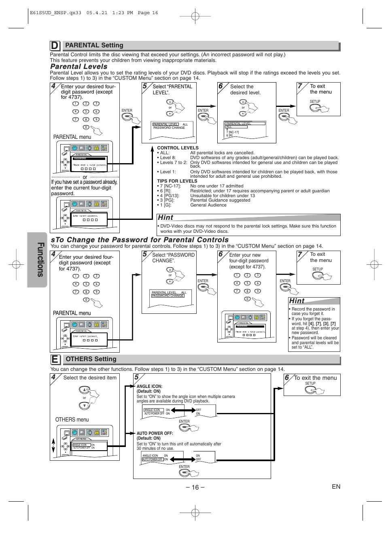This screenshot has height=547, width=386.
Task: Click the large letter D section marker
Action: point(55,46)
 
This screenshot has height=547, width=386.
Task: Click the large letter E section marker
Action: point(55,360)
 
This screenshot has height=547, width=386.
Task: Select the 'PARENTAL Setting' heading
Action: point(94,45)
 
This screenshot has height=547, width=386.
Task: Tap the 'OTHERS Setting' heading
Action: point(91,359)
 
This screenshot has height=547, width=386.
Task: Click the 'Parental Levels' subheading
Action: point(79,66)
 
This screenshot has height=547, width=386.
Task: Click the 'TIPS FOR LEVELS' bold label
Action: point(177,181)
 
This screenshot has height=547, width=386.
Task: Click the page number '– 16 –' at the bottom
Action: point(195,487)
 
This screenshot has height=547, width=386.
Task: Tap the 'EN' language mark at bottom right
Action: point(336,487)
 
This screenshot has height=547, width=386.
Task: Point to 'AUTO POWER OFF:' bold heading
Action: point(155,433)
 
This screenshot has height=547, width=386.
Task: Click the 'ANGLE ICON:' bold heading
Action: point(149,387)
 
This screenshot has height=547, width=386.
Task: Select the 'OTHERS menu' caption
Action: point(72,419)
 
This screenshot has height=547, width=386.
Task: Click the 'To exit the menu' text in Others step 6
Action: point(315,378)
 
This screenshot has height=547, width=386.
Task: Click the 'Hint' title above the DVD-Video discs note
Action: point(165,217)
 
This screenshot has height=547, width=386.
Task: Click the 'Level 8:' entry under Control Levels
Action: point(168,158)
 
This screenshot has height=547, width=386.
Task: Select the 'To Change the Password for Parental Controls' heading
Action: point(140,240)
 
